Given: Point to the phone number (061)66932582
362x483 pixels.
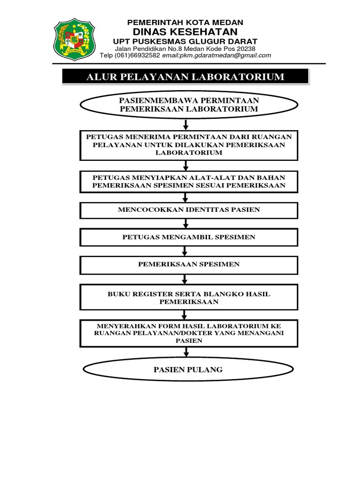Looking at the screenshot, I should (x=138, y=55).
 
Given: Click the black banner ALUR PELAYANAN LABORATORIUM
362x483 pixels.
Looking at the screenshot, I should (x=185, y=77).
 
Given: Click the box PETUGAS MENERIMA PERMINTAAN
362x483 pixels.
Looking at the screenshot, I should (x=189, y=145).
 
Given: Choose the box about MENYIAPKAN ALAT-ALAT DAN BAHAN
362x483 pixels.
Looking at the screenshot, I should (x=189, y=181).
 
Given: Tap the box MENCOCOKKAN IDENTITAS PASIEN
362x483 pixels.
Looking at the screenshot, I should (x=189, y=209).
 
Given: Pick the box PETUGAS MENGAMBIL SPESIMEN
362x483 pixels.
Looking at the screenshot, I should (x=189, y=237).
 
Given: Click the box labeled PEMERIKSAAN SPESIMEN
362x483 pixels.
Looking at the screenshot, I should (x=189, y=264).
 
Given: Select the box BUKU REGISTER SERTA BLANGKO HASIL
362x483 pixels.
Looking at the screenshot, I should (x=189, y=298).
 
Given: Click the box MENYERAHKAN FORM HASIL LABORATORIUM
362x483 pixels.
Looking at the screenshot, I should (x=189, y=333).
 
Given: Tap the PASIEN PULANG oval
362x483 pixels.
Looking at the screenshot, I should (x=189, y=370).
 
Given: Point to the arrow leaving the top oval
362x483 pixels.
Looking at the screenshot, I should (x=186, y=125).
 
